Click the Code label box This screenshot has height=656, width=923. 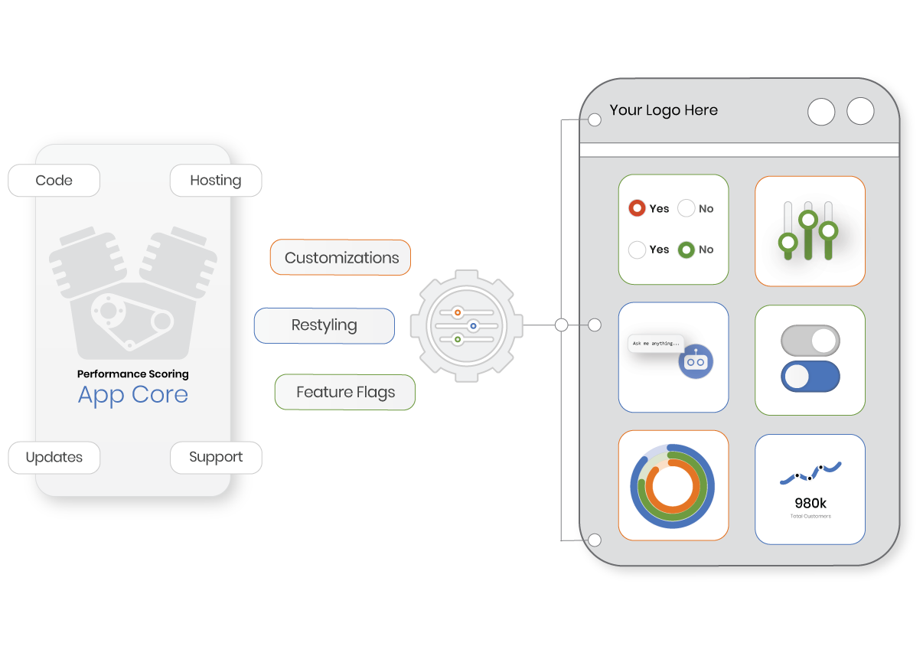tap(54, 181)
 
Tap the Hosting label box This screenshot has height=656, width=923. tap(215, 181)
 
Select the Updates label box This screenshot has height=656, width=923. tap(54, 457)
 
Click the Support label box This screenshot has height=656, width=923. tap(215, 457)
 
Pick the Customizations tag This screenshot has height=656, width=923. tap(341, 258)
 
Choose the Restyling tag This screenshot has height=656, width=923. tap(324, 325)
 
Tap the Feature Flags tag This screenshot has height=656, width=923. tap(345, 393)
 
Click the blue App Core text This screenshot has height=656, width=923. tap(132, 394)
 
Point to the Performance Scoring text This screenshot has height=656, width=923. tap(132, 374)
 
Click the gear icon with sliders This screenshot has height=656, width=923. tap(466, 325)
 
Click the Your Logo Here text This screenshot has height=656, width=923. tap(664, 110)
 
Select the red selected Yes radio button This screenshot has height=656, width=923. tap(637, 208)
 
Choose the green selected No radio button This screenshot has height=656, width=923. tap(687, 250)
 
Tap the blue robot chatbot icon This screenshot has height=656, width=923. tap(695, 361)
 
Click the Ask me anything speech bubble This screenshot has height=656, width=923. tap(655, 344)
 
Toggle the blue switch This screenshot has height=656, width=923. tap(810, 377)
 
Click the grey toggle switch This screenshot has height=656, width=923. tap(810, 341)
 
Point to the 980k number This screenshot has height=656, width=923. tap(810, 503)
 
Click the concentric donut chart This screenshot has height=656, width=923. tap(673, 485)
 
